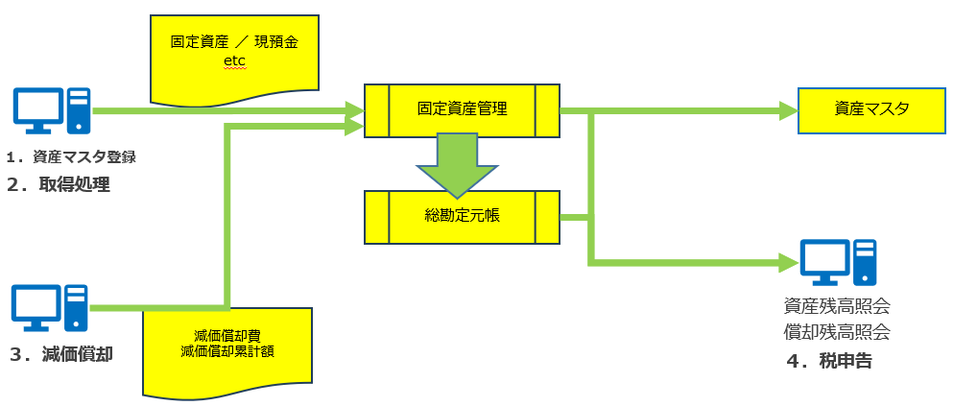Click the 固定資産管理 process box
click(462, 110)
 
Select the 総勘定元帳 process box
click(462, 217)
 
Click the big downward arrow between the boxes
click(457, 163)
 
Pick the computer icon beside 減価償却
click(50, 308)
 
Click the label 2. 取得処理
click(58, 184)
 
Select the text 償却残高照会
click(836, 332)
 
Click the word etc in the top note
click(234, 62)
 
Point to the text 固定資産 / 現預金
click(235, 43)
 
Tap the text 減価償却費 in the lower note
click(227, 336)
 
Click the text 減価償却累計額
click(227, 351)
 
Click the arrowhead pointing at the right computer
click(789, 260)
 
